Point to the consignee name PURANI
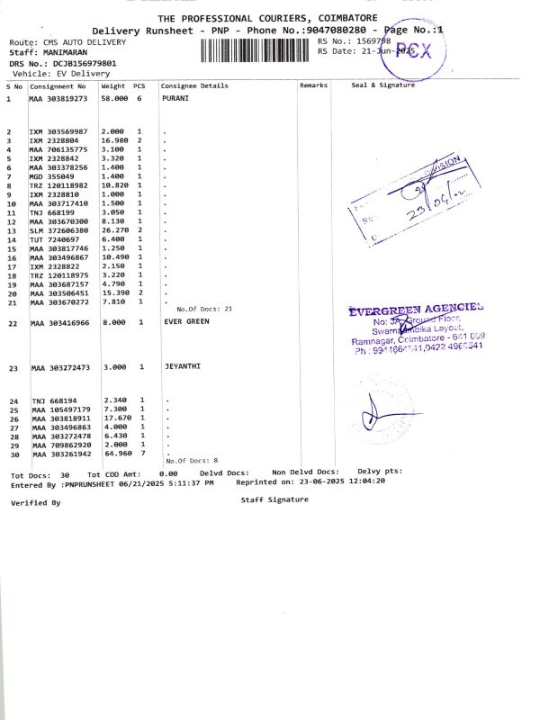[175, 98]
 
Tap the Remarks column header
[314, 85]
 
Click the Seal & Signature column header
[382, 85]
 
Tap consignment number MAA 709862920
[60, 445]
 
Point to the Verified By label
[36, 503]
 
